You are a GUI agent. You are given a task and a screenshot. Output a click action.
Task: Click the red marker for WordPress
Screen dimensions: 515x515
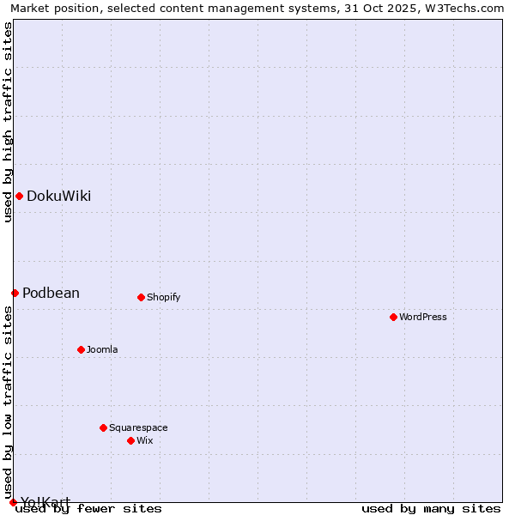393,317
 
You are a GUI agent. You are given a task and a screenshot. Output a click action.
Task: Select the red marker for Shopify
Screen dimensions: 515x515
141,297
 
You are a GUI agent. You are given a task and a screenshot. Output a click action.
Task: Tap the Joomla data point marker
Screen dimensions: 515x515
81,349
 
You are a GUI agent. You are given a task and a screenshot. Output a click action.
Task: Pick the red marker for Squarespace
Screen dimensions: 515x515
103,427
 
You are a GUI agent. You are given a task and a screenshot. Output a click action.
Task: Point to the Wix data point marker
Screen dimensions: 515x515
130,440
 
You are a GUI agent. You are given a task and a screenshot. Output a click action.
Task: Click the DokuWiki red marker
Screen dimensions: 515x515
19,196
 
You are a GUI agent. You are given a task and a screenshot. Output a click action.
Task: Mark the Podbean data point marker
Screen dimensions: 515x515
15,293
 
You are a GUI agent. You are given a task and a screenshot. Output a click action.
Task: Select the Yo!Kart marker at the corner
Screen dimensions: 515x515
13,502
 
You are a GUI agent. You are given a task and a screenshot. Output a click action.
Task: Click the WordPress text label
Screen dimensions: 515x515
423,317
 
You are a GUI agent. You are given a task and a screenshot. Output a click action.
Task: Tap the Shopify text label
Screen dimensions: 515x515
163,297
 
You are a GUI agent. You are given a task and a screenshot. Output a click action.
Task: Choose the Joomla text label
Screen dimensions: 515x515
102,349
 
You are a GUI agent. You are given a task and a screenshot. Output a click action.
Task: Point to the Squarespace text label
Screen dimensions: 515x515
138,427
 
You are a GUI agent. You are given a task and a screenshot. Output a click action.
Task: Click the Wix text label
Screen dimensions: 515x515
145,440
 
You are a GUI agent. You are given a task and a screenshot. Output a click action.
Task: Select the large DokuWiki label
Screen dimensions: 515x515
58,196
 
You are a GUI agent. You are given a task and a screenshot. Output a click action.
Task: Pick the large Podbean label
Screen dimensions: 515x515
51,293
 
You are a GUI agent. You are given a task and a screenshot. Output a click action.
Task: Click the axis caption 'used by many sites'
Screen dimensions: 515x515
431,508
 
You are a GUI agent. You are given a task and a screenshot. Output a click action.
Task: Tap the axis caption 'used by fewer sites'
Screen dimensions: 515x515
88,508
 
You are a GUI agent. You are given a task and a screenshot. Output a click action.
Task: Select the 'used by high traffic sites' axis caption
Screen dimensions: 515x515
8,122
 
